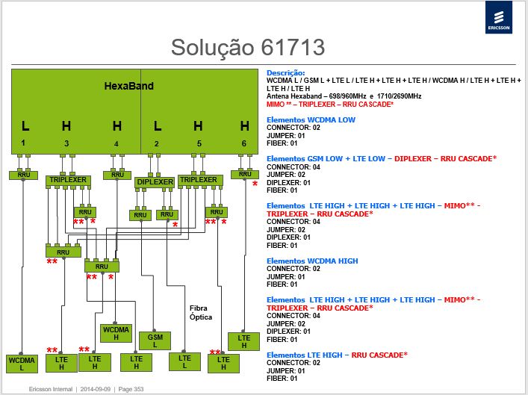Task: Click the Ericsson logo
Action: pyautogui.click(x=499, y=17)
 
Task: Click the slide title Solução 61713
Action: pyautogui.click(x=248, y=47)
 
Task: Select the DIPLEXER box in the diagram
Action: pyautogui.click(x=155, y=182)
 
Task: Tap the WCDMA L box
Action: pyautogui.click(x=22, y=364)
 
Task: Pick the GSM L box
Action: pyautogui.click(x=155, y=340)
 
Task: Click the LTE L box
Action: pyautogui.click(x=184, y=361)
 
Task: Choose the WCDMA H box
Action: pyautogui.click(x=116, y=333)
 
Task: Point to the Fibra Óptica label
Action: pyautogui.click(x=201, y=313)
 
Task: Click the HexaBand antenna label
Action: pyautogui.click(x=129, y=86)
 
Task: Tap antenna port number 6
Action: pyautogui.click(x=244, y=143)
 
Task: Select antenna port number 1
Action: pyautogui.click(x=23, y=143)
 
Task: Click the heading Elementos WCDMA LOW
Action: pyautogui.click(x=311, y=119)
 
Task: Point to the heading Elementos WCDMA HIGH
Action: pyautogui.click(x=312, y=261)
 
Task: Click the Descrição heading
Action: pyautogui.click(x=285, y=72)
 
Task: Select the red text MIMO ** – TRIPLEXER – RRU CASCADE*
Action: pyautogui.click(x=330, y=105)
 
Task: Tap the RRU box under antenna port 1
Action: pyautogui.click(x=24, y=175)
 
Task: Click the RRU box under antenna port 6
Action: pyautogui.click(x=245, y=175)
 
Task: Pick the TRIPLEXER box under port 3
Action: pyautogui.click(x=68, y=180)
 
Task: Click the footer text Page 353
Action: pyautogui.click(x=131, y=389)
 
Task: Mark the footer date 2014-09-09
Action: pyautogui.click(x=96, y=389)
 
